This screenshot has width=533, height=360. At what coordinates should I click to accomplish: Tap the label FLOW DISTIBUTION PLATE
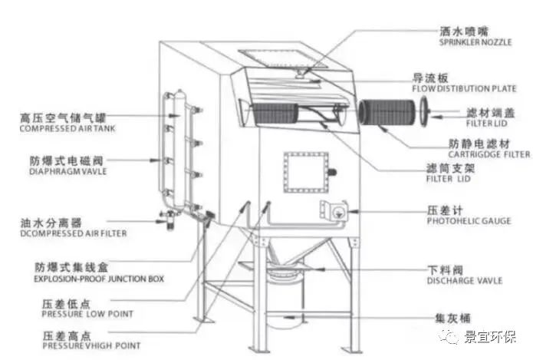[462, 89]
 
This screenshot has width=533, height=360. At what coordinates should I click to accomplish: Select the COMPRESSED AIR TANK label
[60, 130]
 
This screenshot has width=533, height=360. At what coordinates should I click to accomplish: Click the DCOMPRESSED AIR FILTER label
[64, 233]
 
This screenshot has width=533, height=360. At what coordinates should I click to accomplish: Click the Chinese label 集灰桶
[444, 316]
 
